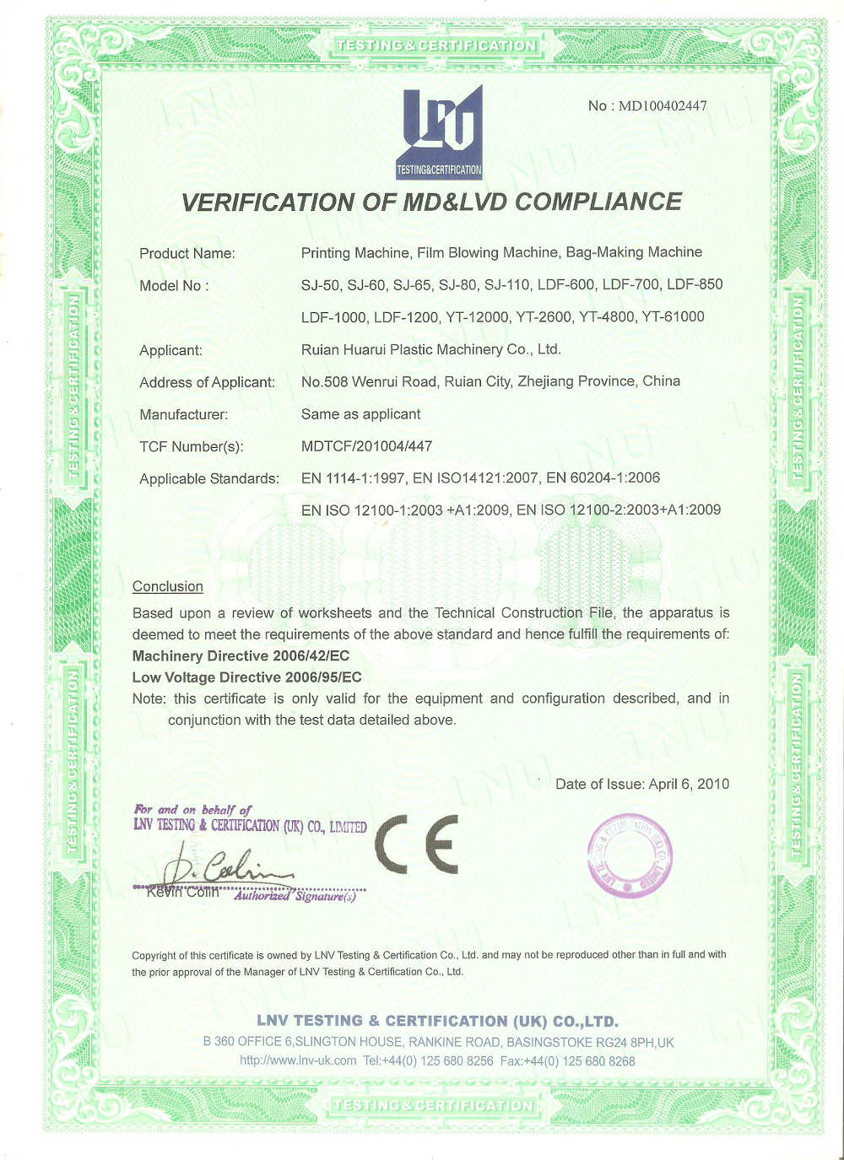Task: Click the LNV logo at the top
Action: coord(439,132)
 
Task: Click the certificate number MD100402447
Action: coord(663,106)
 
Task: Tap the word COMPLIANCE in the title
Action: coord(598,202)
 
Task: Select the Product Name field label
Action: coord(187,253)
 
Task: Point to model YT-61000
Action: coord(673,316)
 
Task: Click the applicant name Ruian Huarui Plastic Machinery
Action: coord(430,349)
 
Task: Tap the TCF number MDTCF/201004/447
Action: coord(366,446)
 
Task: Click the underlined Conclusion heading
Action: coord(168,586)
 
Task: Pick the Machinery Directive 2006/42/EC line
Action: coord(241,656)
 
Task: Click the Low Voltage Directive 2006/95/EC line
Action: coord(246,677)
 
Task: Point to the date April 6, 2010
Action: coord(689,784)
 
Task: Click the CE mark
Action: coord(417,844)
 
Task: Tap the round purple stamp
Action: coord(630,855)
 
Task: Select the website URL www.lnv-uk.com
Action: coord(298,1060)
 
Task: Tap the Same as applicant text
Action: coord(360,414)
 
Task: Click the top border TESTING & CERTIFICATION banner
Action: coord(436,46)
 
